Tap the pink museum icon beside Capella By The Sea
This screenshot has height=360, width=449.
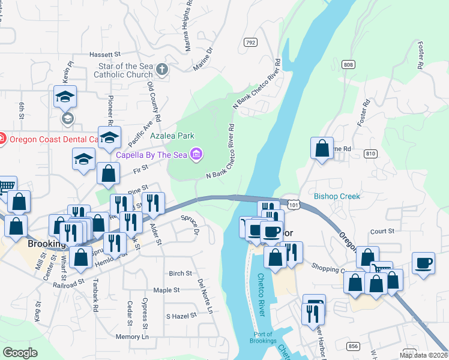pos(196,155)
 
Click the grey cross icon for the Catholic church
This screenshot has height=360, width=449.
pos(161,70)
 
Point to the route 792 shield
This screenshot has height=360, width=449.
pos(251,42)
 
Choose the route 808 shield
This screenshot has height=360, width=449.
pos(349,64)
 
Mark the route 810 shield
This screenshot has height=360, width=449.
pos(370,154)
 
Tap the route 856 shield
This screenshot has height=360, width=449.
pos(354,346)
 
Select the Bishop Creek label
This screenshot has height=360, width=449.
pos(337,196)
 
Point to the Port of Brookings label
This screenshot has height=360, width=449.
pos(262,338)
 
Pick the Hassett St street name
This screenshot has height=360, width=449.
pos(105,54)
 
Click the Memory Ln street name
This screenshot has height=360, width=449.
pos(132,337)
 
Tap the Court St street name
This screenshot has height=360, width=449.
pos(382,230)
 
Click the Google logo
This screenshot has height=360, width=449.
pos(20,352)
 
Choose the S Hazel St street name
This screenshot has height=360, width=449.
pos(181,316)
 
